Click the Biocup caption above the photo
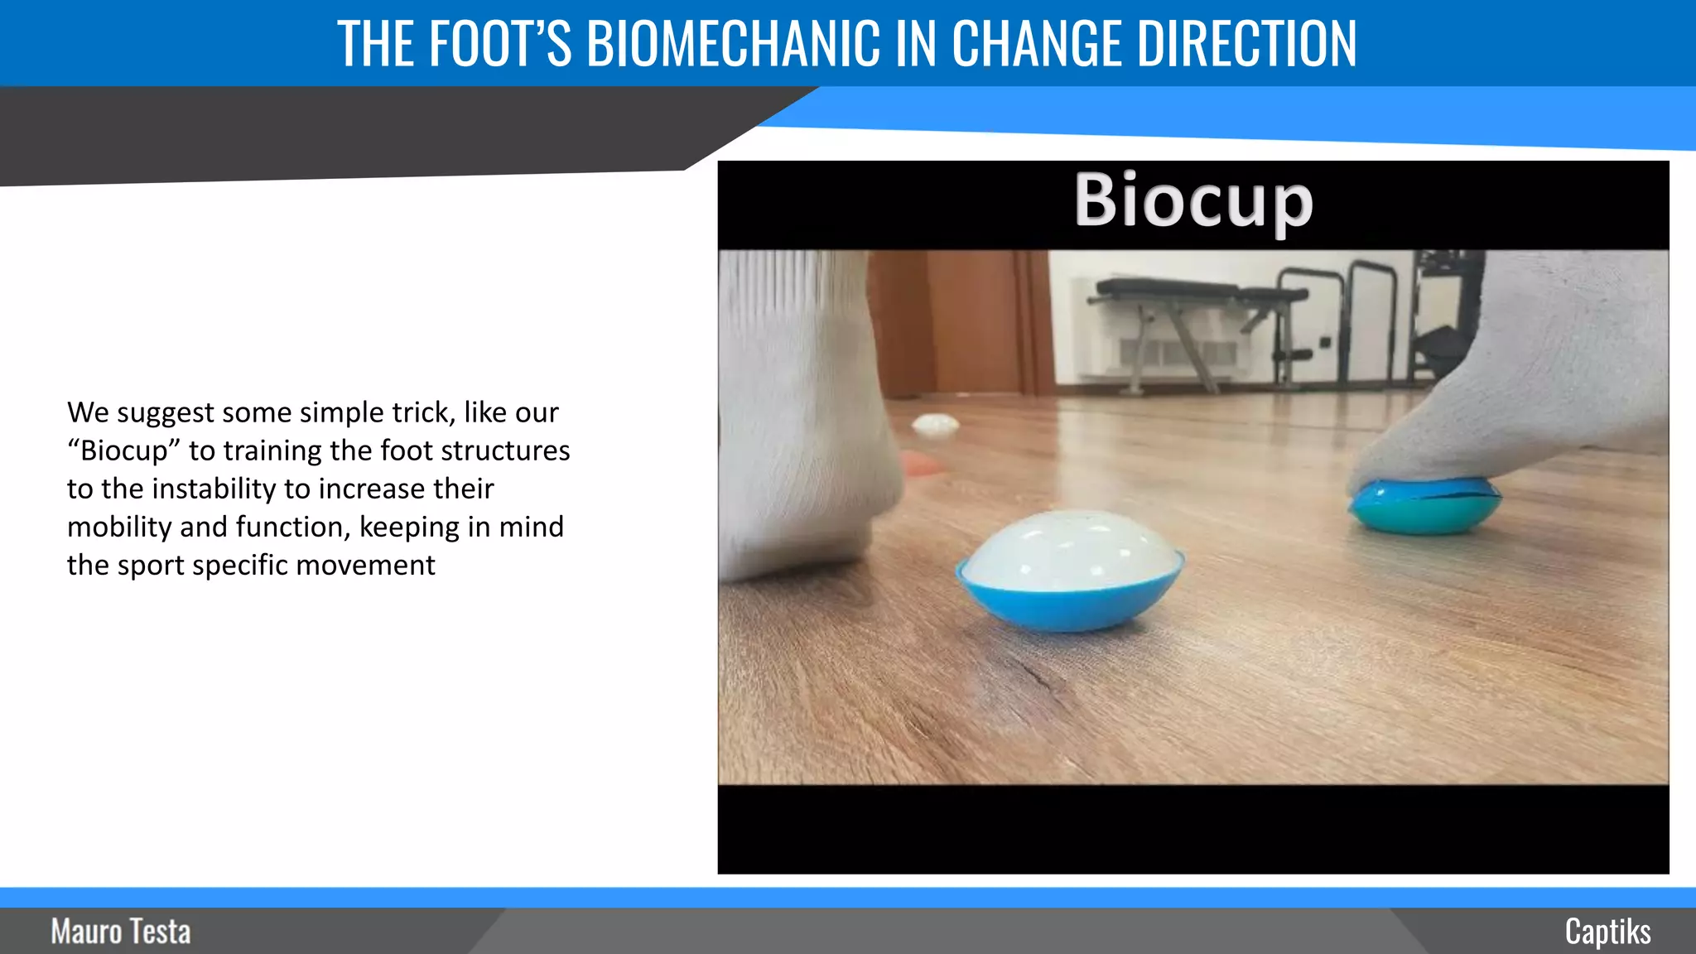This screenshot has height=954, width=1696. (1192, 200)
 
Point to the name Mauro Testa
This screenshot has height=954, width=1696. (121, 932)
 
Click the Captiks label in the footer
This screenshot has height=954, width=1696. (1607, 932)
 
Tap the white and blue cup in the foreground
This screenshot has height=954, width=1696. (1070, 571)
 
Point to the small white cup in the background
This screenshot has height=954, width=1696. (935, 426)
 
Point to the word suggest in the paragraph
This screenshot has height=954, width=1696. (165, 412)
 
